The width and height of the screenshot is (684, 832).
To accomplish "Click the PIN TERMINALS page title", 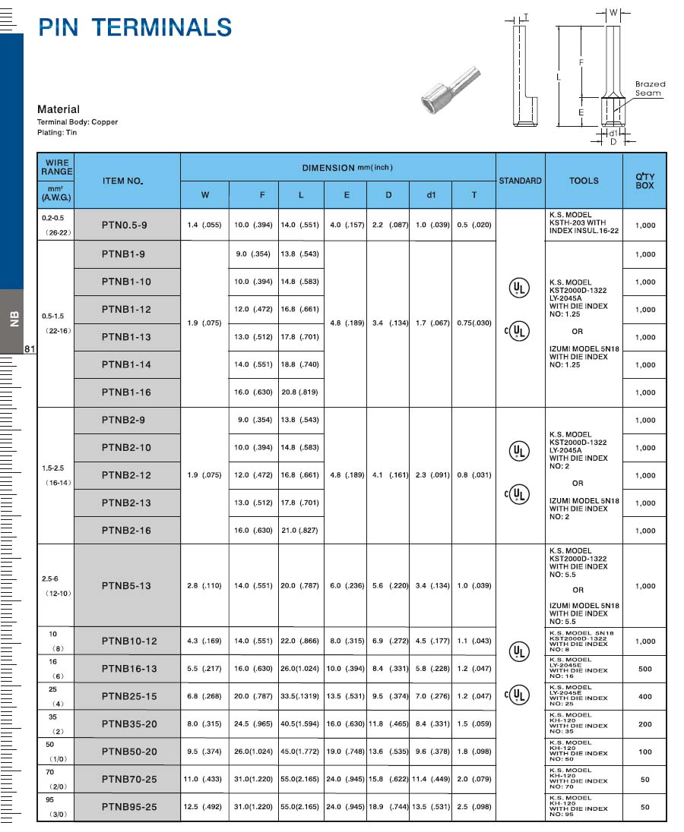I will (135, 27).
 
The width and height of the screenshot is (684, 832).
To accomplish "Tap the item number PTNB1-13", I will (126, 336).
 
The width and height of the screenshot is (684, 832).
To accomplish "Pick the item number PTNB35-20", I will (129, 723).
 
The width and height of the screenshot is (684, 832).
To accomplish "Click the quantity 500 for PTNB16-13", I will (644, 669).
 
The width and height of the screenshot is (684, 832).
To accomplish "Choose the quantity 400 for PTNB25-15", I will (644, 696).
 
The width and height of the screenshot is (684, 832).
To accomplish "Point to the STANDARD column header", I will (520, 181).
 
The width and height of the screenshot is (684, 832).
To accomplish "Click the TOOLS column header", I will (584, 181).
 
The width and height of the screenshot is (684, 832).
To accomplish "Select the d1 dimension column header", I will (431, 195).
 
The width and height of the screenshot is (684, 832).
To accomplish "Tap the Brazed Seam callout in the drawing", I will (649, 88).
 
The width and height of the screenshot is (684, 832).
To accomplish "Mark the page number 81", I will (30, 349).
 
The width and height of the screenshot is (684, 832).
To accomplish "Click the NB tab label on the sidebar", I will (13, 320).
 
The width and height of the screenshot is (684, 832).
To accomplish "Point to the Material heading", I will (59, 109).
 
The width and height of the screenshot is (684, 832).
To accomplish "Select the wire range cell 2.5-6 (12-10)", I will (55, 585).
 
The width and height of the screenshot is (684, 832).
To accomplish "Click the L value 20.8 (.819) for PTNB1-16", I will (300, 392).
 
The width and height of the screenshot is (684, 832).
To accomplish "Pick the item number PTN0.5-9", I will (126, 225).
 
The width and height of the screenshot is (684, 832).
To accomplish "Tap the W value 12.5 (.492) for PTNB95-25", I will (203, 806).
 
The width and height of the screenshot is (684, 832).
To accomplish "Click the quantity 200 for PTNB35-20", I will (644, 724).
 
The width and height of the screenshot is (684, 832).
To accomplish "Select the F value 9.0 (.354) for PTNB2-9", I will (253, 420).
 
